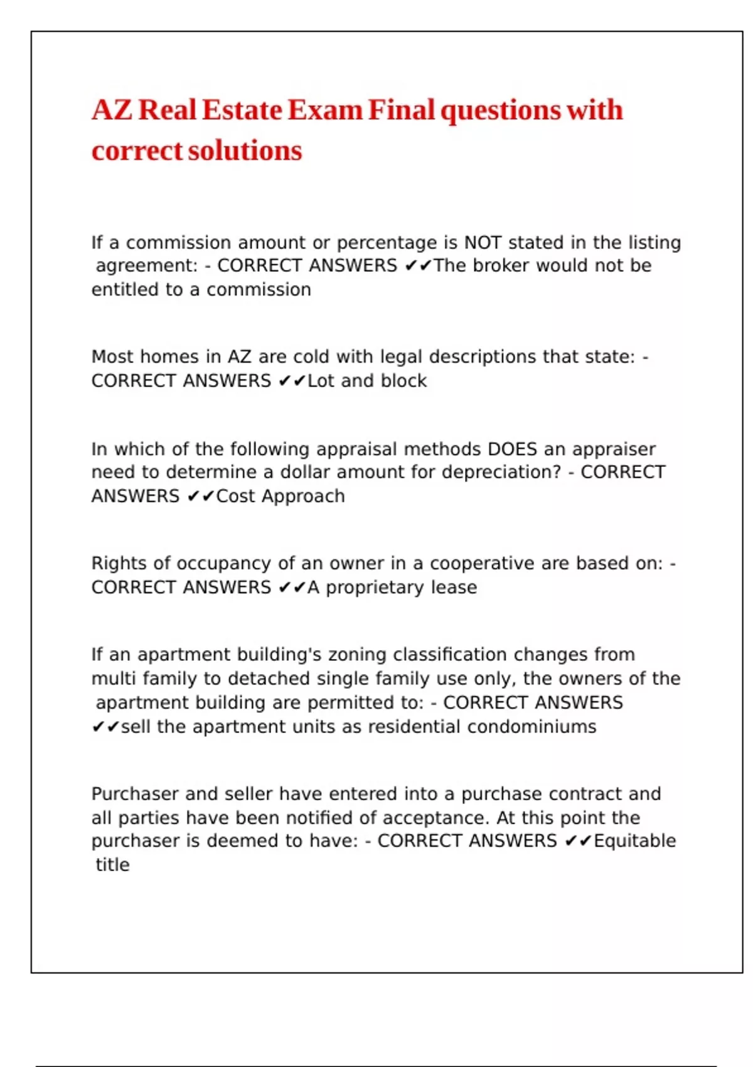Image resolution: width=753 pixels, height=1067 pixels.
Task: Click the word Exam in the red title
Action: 325,110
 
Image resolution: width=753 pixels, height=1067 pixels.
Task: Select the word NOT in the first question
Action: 483,242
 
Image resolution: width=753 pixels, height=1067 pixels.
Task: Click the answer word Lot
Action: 321,380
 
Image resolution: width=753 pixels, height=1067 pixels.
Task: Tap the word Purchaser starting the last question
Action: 135,794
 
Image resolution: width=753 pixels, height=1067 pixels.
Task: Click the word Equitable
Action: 634,841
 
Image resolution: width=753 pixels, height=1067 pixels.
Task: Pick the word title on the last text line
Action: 112,865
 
